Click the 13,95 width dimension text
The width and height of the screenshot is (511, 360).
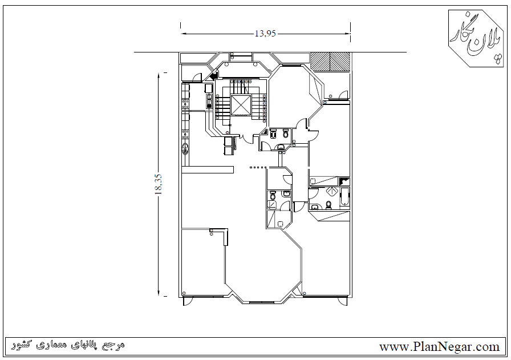click(265, 34)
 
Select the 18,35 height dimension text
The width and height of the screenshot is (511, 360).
click(159, 184)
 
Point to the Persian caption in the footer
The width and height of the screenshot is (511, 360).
click(68, 345)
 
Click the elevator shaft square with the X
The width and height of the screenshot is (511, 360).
click(241, 105)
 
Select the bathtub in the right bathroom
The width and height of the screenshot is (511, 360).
click(344, 197)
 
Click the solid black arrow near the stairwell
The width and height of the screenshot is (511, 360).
click(214, 76)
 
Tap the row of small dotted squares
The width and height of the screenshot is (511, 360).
click(258, 167)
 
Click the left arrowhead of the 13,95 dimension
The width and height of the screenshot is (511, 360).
click(184, 34)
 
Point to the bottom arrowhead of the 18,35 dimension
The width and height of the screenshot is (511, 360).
click(159, 293)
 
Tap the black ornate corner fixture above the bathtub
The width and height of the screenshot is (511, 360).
click(344, 181)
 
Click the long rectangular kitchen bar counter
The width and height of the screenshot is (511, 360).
click(208, 169)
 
